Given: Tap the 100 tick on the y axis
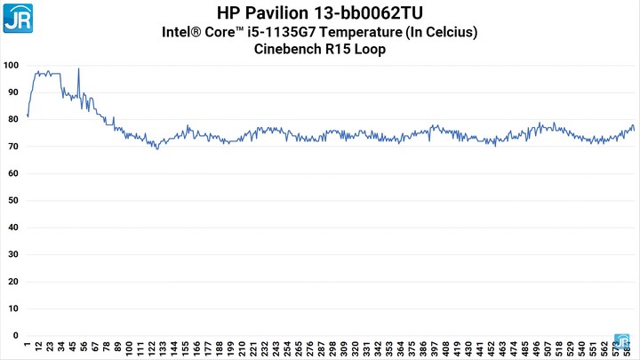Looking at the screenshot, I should click(x=11, y=66).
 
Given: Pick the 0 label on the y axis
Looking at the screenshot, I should click(x=14, y=336).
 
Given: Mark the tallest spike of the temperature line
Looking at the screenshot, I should click(x=78, y=69).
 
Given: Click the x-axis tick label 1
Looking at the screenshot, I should click(x=28, y=347).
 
